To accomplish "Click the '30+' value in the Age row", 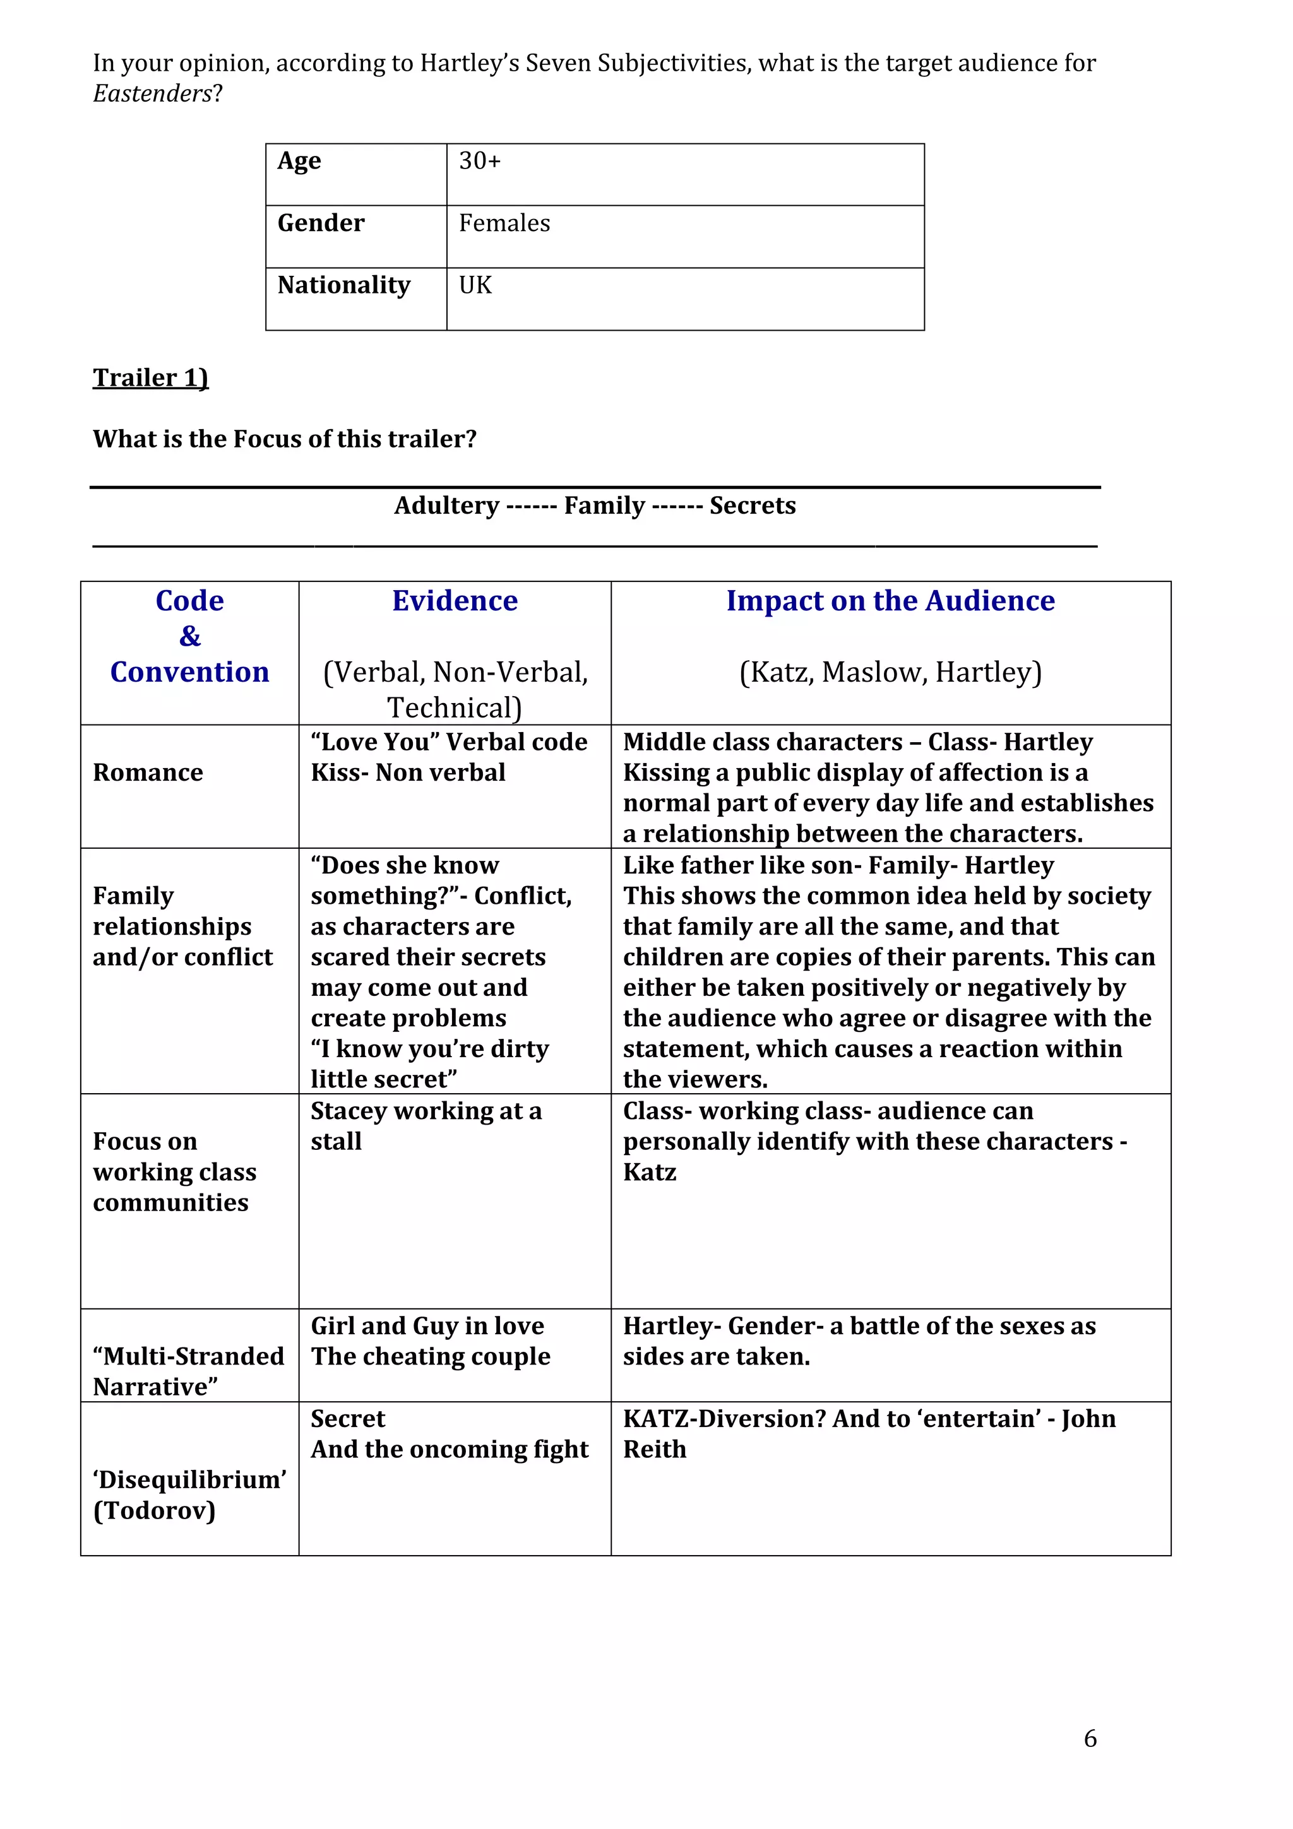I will (480, 161).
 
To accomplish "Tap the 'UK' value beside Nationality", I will (475, 285).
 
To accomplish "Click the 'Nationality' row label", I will (343, 285).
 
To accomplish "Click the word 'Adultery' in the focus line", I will (446, 506).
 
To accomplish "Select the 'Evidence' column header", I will (455, 601).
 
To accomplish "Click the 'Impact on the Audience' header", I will (890, 601).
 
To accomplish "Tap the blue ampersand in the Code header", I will (189, 636).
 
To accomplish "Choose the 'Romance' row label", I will (148, 772).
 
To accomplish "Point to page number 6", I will (1090, 1738).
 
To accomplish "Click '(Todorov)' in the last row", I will (155, 1510).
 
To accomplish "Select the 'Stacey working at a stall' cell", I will (426, 1125).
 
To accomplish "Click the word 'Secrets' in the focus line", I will (752, 506).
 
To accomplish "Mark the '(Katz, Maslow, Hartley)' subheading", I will (890, 672).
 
